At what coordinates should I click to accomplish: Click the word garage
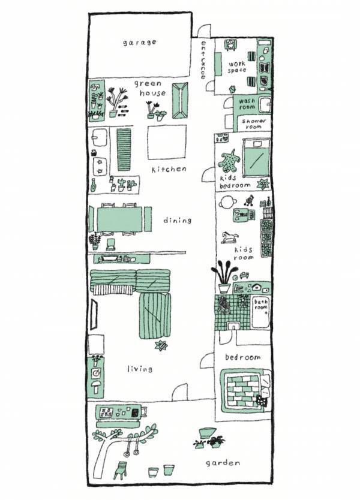[139, 43]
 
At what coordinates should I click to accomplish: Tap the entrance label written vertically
[203, 59]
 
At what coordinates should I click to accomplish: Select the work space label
[237, 67]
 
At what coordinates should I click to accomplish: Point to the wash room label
[247, 104]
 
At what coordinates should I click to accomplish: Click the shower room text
[254, 124]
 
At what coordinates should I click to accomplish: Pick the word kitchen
[169, 169]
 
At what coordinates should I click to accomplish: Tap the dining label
[177, 220]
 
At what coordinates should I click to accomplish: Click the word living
[140, 369]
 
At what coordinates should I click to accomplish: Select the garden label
[223, 463]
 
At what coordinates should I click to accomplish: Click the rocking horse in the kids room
[230, 237]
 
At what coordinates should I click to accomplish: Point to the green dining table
[119, 219]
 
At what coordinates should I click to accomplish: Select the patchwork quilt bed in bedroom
[246, 391]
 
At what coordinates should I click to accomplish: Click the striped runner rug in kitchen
[124, 149]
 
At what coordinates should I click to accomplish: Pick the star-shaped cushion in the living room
[161, 345]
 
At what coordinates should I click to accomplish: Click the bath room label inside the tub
[261, 305]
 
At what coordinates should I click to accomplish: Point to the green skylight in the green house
[180, 101]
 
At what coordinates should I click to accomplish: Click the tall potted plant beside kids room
[224, 277]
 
